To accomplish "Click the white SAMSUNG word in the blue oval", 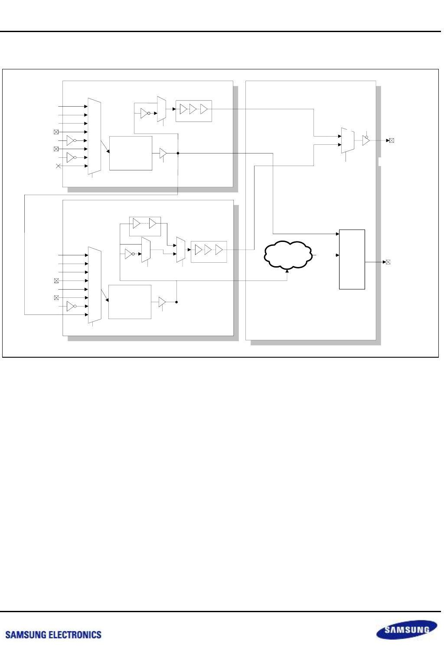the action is point(407,630).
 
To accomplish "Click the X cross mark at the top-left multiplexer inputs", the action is point(58,166).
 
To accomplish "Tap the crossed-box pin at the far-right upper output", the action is point(392,140).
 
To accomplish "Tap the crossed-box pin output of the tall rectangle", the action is point(388,262).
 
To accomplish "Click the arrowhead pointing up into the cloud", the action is point(287,271).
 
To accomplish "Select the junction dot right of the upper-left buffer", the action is point(178,153).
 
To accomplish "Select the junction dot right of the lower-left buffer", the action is point(176,302).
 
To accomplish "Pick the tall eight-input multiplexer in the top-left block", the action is point(94,136).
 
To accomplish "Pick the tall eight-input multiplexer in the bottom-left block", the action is point(95,285).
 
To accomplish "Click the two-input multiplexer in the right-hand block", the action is point(348,140).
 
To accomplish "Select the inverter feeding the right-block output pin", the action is point(366,140).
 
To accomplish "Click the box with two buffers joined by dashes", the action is point(145,226).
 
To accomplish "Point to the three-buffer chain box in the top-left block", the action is point(194,111).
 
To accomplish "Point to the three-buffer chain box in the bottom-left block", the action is point(209,252).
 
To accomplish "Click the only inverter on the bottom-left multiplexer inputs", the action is point(72,306).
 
